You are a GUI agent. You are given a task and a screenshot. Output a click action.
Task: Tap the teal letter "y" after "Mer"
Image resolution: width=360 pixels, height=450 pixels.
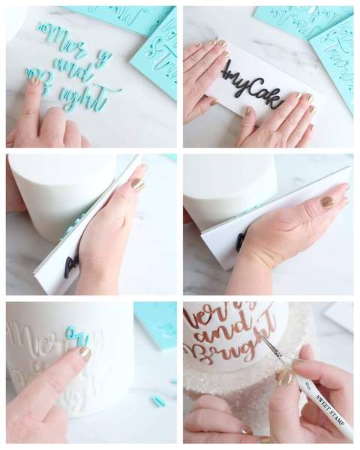[103, 58]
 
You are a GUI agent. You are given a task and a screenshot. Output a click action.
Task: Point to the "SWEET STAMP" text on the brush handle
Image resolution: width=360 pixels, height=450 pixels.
[324, 402]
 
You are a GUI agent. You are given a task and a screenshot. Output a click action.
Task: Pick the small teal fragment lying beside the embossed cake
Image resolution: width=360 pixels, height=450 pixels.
[158, 401]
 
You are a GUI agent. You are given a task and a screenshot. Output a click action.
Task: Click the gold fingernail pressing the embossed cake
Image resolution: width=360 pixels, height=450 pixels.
[85, 352]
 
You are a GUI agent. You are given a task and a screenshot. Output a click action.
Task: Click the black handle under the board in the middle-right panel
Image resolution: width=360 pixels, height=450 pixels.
[241, 242]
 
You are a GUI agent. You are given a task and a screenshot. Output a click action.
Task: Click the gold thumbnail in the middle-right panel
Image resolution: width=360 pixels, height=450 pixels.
[328, 202]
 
